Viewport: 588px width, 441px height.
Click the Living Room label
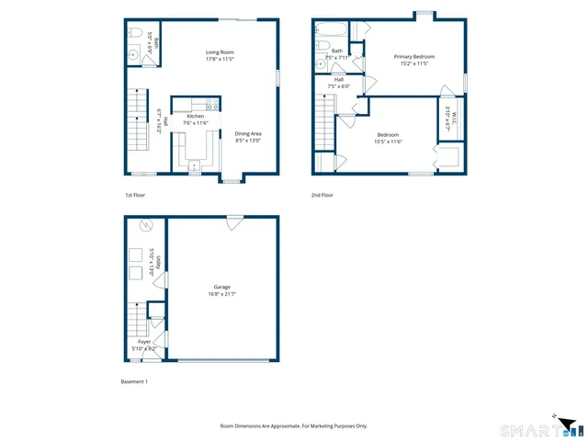click(220, 52)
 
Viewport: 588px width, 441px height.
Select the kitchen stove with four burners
click(211, 104)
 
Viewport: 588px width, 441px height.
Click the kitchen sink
click(195, 166)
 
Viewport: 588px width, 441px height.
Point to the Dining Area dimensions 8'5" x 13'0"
click(248, 141)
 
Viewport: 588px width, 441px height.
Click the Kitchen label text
click(196, 117)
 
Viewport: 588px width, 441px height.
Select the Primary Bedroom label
click(414, 57)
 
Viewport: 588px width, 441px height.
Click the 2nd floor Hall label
click(339, 80)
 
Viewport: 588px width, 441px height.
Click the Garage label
click(222, 287)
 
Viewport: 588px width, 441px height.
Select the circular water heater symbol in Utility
click(143, 227)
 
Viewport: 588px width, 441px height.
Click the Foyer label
click(144, 342)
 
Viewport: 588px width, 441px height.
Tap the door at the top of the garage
click(235, 220)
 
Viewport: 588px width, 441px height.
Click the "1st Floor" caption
click(135, 195)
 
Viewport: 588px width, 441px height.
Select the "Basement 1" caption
click(134, 381)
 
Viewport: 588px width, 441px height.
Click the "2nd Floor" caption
click(322, 195)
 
